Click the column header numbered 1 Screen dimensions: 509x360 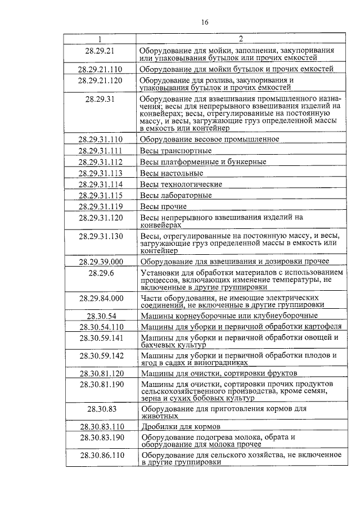click(100, 39)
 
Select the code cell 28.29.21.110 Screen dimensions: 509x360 click(100, 70)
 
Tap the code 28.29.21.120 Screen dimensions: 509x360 click(100, 80)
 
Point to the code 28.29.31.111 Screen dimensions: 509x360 click(100, 151)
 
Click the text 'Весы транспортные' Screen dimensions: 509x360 click(175, 151)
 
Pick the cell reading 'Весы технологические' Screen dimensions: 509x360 click(181, 184)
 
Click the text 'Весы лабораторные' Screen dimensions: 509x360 click(176, 196)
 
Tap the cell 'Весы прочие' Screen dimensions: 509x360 click(163, 206)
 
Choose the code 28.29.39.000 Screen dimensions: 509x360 click(100, 262)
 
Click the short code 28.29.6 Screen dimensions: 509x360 click(100, 273)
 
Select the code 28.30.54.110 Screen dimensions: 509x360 click(100, 327)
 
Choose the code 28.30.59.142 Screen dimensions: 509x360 click(100, 355)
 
